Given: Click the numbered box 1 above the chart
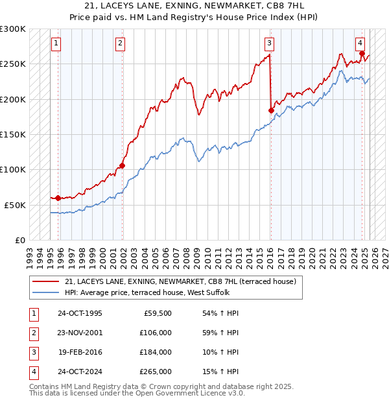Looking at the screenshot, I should [x=56, y=43].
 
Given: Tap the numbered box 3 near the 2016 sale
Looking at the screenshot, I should [x=269, y=43].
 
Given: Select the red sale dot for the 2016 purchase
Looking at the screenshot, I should [x=271, y=110].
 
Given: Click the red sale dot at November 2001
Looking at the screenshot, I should [x=122, y=165].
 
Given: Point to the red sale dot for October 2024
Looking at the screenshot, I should [x=362, y=54].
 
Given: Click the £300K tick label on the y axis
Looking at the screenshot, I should [x=14, y=29].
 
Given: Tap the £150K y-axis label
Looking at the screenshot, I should [x=14, y=134].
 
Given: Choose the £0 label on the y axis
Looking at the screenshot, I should [x=20, y=240].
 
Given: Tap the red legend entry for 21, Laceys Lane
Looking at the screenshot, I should [x=180, y=281].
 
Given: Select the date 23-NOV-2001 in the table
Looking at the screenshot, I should [x=80, y=333].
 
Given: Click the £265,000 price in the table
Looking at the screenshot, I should [x=156, y=372].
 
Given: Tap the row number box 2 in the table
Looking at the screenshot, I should [x=32, y=333].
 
